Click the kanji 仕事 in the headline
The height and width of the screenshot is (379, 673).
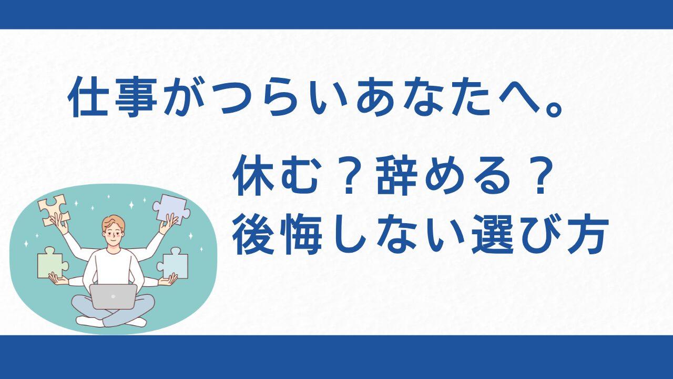coord(113,97)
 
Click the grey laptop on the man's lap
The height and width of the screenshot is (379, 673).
coord(113,296)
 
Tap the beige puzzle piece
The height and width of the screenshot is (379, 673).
coord(54,210)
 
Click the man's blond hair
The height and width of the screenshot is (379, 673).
coord(113,223)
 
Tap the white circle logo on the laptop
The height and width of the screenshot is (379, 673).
coord(113,296)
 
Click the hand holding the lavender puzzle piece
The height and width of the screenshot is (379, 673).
coord(168,224)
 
